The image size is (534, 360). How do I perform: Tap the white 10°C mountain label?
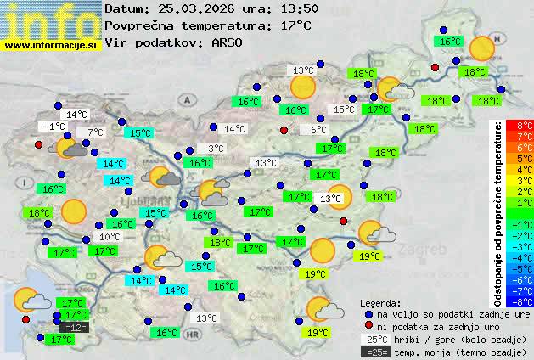[x=110, y=237]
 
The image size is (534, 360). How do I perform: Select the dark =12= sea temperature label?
[x=75, y=327]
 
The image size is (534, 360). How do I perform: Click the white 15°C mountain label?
[x=344, y=110]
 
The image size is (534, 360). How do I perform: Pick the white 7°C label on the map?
[x=94, y=132]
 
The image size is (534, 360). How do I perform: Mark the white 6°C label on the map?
[x=318, y=130]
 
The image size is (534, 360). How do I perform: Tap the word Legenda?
[x=381, y=303]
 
